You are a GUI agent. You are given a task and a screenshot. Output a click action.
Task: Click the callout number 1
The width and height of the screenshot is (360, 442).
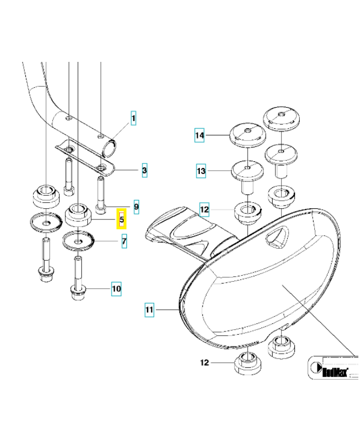(134, 118)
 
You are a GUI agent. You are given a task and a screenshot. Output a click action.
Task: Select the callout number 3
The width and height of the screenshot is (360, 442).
(144, 171)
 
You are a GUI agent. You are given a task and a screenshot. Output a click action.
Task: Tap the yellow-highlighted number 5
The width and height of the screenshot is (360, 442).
(121, 219)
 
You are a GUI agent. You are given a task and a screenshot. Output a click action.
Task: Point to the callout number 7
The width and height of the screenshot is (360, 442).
(124, 241)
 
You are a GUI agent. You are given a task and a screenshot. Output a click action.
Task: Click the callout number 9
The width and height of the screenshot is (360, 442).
(136, 208)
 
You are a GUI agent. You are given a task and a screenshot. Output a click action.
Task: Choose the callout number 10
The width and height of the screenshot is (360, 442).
(116, 288)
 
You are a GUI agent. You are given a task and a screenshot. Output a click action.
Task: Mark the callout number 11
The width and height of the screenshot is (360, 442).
(149, 310)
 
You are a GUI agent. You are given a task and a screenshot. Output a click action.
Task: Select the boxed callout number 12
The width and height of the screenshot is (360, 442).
(205, 210)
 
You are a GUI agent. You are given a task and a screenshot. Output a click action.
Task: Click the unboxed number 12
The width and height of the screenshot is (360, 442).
(205, 363)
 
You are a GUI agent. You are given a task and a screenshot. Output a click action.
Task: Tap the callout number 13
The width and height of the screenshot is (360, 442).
(201, 172)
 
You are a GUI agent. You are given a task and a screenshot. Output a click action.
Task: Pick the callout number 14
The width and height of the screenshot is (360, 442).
(200, 135)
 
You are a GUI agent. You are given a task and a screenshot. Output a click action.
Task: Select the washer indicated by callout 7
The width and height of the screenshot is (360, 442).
(80, 241)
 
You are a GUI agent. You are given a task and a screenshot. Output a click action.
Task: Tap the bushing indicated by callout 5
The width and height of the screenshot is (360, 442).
(78, 214)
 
